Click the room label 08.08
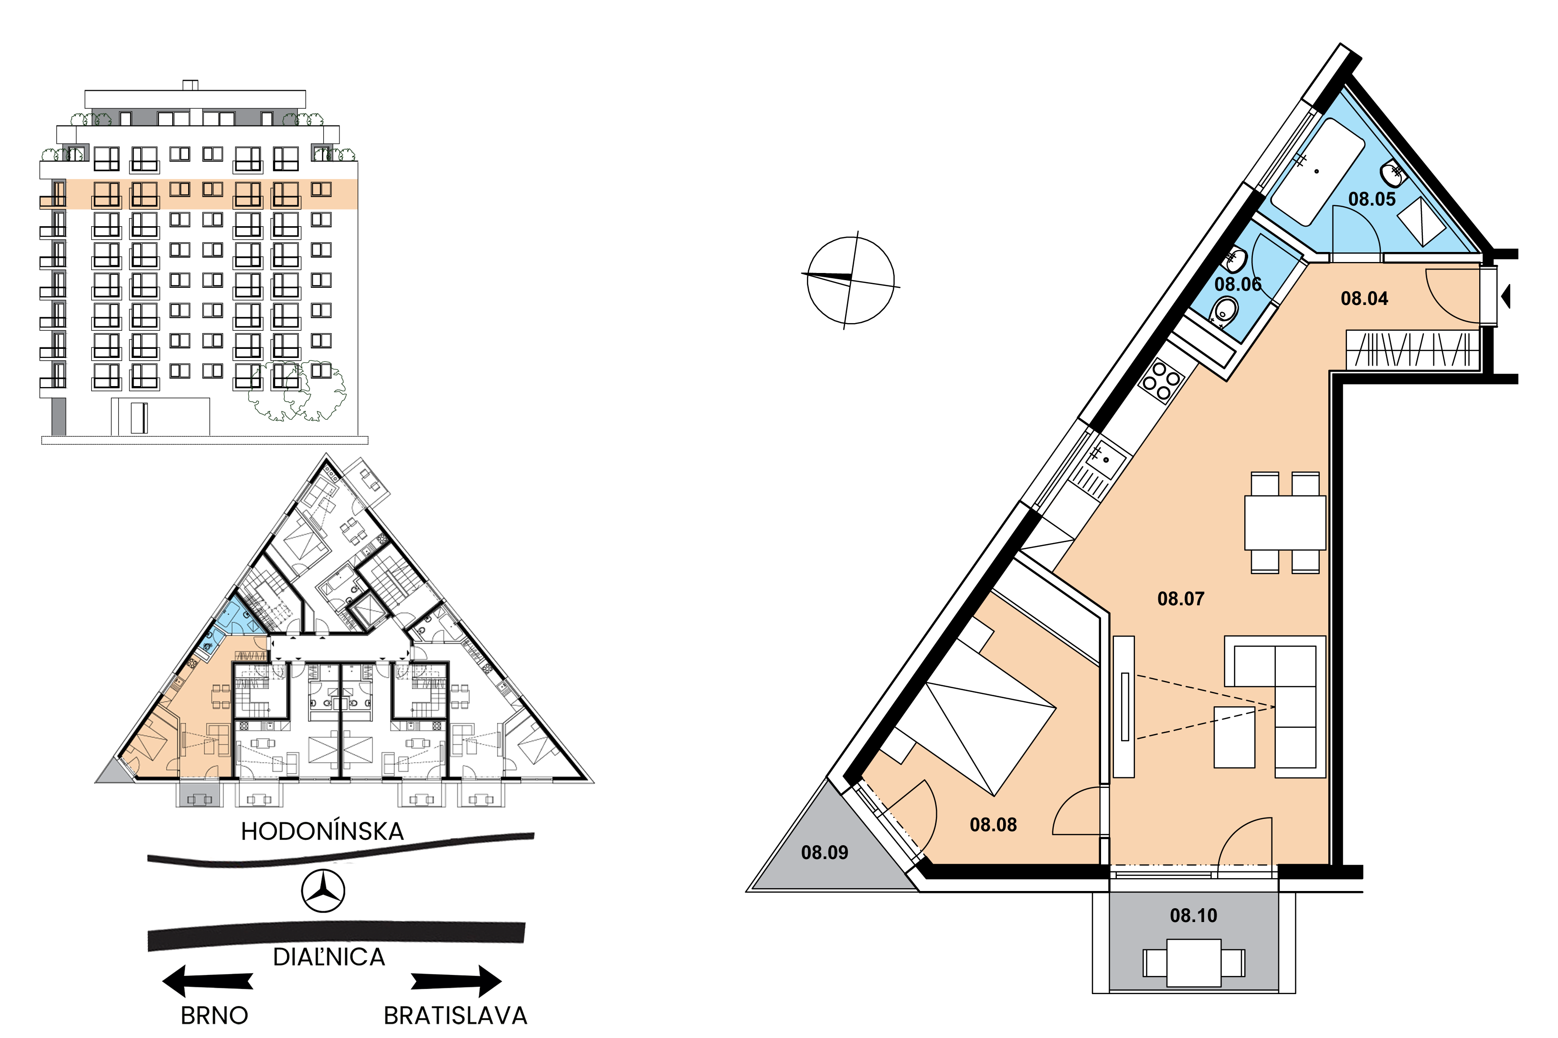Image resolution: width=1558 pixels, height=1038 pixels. point(993,824)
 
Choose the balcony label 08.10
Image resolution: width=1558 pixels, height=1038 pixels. point(1193,915)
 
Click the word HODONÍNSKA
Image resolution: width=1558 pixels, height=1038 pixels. point(322,831)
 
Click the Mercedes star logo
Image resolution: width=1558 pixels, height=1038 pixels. point(323,891)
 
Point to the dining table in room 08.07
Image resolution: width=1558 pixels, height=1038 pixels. point(1284,522)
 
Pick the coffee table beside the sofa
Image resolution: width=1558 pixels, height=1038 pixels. point(1233,737)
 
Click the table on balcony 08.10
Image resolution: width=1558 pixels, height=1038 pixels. point(1193,963)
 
